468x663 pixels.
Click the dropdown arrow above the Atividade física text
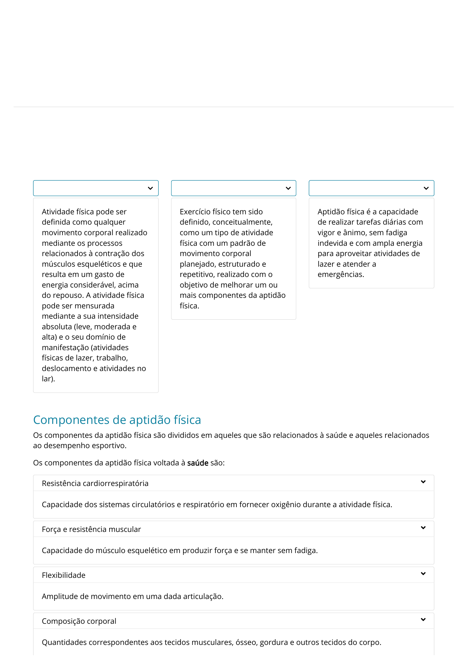[150, 188]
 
